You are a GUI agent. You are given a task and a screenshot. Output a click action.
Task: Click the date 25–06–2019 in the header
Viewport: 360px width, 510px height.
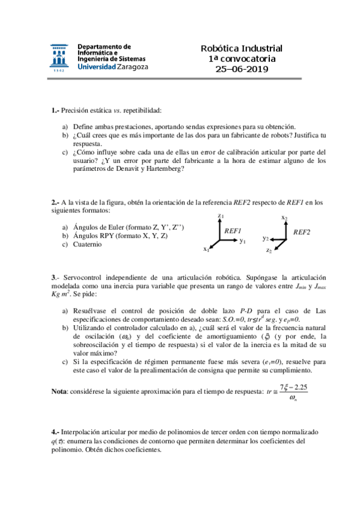pos(242,69)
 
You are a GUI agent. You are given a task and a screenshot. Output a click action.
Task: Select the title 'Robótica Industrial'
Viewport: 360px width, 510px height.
pos(242,49)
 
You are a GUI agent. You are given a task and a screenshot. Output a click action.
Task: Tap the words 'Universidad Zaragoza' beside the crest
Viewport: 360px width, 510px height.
pos(113,68)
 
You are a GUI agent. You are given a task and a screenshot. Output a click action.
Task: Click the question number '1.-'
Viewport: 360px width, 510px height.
pos(55,110)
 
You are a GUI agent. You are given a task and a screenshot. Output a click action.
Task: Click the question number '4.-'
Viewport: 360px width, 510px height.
pos(55,432)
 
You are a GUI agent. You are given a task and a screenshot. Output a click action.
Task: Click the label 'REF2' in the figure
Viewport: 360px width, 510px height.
pos(302,232)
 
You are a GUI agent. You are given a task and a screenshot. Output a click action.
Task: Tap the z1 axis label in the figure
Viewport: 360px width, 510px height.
pos(221,216)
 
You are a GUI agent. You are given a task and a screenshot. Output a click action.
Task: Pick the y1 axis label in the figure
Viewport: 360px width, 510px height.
pos(243,241)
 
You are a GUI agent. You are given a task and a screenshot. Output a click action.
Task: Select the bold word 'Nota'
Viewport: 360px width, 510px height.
pos(59,392)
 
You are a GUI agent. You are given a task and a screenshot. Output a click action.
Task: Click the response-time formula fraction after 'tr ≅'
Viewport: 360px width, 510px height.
pos(294,393)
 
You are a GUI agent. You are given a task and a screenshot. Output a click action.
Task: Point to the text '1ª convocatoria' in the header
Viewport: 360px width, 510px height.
pos(242,59)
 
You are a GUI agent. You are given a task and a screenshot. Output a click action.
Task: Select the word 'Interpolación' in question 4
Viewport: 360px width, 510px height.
pos(82,432)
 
